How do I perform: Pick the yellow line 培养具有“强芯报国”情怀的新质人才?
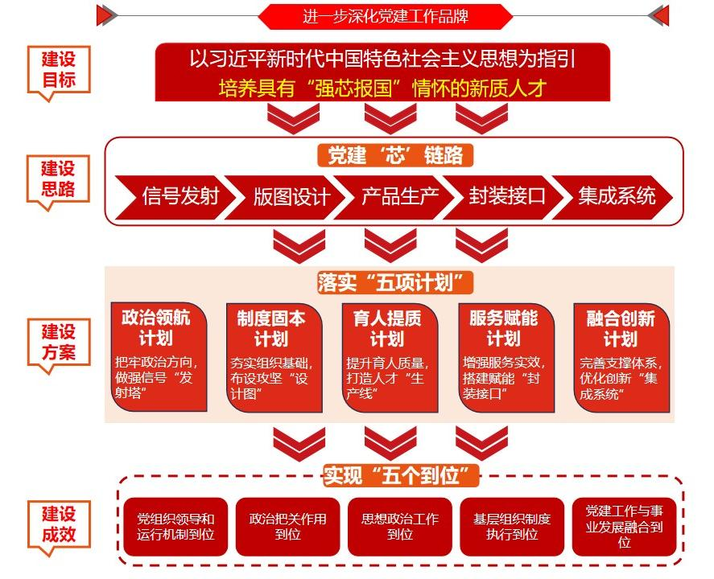382,88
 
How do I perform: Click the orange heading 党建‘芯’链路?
395,154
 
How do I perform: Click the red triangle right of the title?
658,14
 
